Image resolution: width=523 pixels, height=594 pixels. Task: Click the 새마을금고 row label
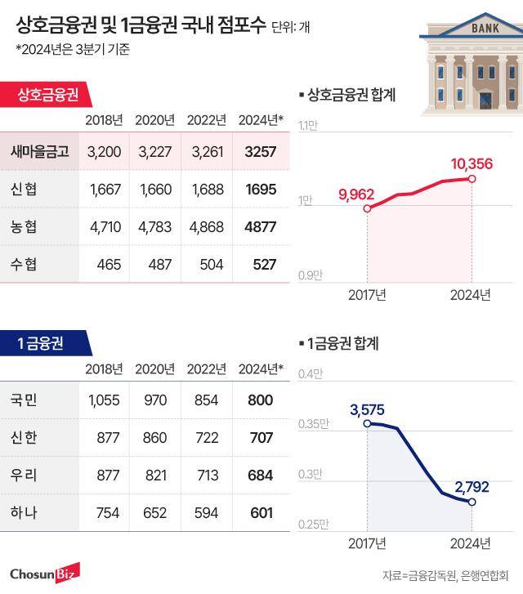[x=39, y=152]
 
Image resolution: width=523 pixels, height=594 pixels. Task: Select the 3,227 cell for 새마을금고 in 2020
[x=154, y=152]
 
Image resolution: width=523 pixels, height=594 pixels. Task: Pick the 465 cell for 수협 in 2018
[x=109, y=265]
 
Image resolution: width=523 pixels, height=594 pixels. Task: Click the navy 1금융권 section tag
[x=41, y=343]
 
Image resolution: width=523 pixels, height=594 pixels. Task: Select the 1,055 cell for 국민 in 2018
[x=103, y=400]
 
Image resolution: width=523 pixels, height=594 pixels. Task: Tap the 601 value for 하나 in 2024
[x=261, y=513]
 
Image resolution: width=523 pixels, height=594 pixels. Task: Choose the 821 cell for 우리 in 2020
[x=154, y=476]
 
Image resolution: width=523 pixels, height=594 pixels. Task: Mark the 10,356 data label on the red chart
[x=472, y=164]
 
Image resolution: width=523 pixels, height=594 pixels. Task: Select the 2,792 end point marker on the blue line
[x=472, y=501]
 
